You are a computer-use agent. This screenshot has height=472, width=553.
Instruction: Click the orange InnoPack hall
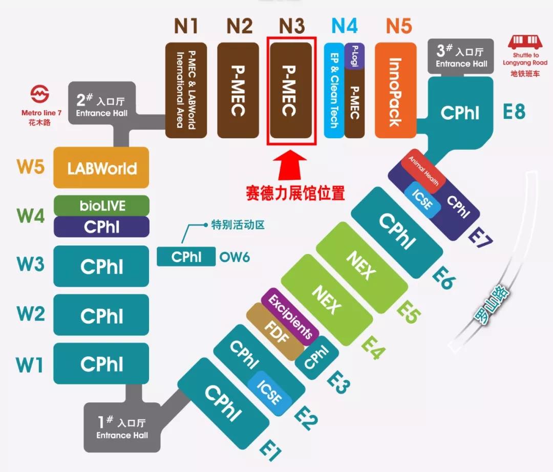395,90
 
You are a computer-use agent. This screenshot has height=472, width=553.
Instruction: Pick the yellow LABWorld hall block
101,167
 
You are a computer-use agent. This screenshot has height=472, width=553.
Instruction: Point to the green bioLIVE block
101,206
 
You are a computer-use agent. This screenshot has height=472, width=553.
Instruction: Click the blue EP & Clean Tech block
334,90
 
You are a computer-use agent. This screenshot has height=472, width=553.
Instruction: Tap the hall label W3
30,265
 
